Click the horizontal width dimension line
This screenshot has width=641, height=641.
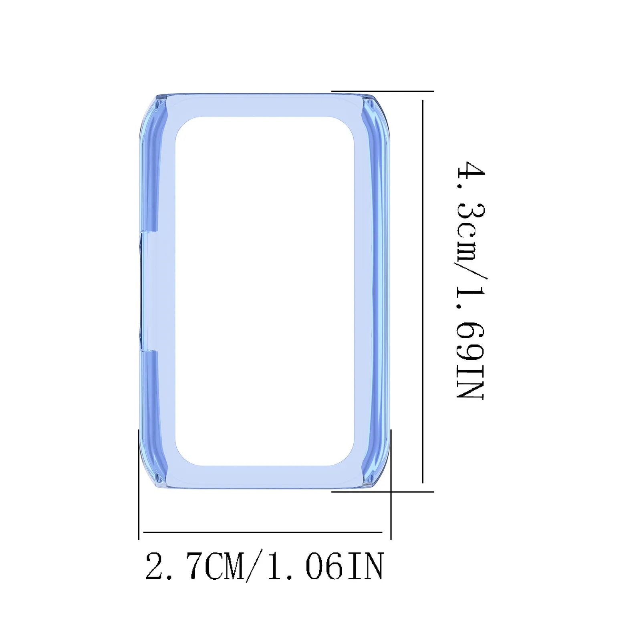point(262,532)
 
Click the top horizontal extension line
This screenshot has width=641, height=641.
point(383,92)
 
